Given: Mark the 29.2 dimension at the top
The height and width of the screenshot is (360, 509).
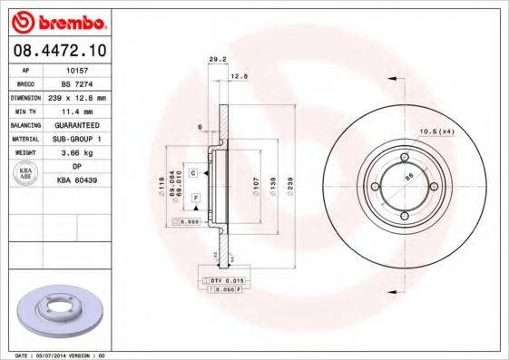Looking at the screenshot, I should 217,60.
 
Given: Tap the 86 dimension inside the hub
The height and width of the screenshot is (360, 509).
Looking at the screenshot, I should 408,176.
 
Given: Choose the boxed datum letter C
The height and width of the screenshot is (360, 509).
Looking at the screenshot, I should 192,170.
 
